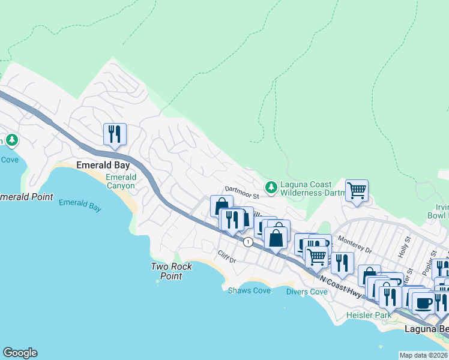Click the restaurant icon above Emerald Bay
pos(114,134)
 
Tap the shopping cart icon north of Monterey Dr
pos(357,191)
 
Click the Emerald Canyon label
pos(121,181)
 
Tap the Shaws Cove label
pos(249,290)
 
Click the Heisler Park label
pos(369,315)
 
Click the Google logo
pos(20,353)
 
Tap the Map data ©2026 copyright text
pos(423,355)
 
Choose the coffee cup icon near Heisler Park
pos(423,303)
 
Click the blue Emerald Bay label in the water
pos(80,205)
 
